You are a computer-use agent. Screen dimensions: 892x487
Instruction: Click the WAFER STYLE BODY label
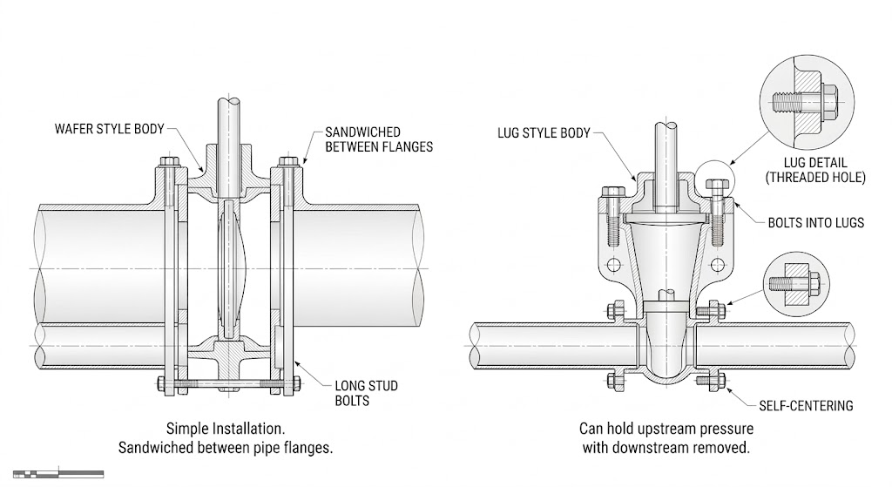tap(109, 129)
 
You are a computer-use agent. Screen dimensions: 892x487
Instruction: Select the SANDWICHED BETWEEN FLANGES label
tap(379, 139)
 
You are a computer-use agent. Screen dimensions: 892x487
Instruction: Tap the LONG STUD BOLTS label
tap(366, 393)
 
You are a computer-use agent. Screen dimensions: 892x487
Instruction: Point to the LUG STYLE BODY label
tap(544, 133)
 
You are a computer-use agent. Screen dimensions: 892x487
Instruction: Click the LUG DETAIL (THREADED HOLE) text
tap(815, 170)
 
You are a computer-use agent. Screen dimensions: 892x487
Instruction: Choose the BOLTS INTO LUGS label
tap(815, 222)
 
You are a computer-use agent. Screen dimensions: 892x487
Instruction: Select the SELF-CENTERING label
tap(806, 406)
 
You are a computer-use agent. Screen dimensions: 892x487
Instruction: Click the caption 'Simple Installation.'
tap(226, 429)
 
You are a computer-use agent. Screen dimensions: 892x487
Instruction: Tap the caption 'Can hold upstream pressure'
tap(666, 429)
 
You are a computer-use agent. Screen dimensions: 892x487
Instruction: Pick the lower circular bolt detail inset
tap(796, 284)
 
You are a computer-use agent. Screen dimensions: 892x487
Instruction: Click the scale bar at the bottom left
tap(58, 473)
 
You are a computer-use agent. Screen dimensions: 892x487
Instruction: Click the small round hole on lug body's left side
tap(613, 265)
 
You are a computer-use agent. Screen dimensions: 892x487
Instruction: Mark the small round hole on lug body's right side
tap(718, 265)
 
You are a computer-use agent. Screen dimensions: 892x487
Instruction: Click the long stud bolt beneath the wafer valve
tap(229, 384)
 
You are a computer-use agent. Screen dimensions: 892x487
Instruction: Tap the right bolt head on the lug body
tap(718, 185)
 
